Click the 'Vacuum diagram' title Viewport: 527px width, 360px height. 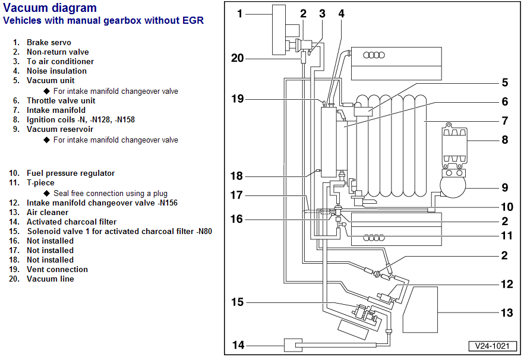pos(50,8)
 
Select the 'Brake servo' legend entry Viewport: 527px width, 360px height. pos(49,43)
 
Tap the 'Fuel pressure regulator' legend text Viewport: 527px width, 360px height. pos(71,173)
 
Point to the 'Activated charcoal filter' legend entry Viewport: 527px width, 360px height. pos(71,222)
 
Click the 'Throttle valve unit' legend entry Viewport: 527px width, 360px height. pos(61,101)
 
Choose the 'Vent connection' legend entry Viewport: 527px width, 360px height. pos(57,270)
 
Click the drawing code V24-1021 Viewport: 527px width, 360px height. pos(492,346)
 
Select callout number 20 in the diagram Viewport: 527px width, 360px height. pos(238,58)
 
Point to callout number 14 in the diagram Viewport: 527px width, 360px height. pos(238,345)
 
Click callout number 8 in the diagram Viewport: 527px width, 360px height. pos(504,141)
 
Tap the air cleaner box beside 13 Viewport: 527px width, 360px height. pos(420,309)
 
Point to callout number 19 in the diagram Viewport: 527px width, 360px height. pos(238,99)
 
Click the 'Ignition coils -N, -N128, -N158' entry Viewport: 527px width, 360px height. pos(80,120)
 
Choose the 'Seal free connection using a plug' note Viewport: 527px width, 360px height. pos(110,194)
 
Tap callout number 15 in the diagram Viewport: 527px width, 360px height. pos(238,302)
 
